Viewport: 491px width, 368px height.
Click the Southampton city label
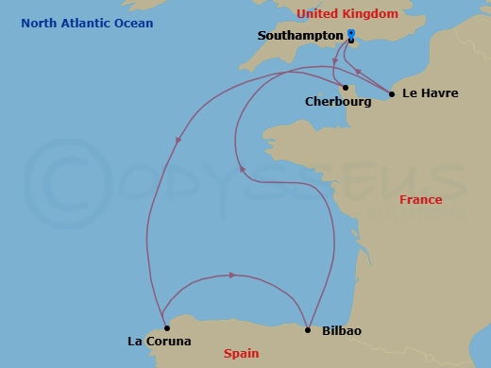[x=298, y=35]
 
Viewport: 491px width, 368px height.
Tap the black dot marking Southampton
[x=351, y=41]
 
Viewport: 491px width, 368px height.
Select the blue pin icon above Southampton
[x=350, y=33]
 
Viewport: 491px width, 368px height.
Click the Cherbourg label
[x=338, y=101]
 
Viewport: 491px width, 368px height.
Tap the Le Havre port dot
[x=392, y=93]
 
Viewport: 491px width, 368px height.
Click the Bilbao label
[x=341, y=331]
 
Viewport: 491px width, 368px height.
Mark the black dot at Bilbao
[x=308, y=329]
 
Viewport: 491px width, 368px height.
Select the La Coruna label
[x=160, y=341]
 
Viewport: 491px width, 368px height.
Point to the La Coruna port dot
[x=166, y=328]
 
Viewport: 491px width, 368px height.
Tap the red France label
[x=420, y=200]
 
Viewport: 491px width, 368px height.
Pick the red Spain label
[x=241, y=354]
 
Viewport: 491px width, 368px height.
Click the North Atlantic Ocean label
[x=89, y=23]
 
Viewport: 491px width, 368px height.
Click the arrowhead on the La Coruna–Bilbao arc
[x=231, y=276]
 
